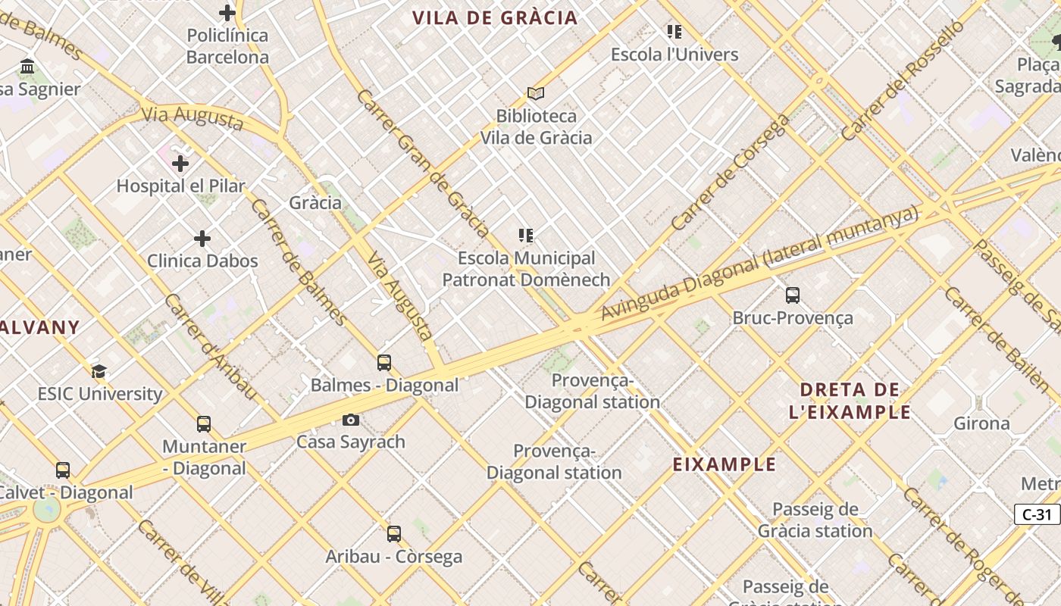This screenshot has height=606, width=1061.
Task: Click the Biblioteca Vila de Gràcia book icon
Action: coord(536,93)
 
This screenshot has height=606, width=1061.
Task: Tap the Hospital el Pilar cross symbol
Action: coord(180,164)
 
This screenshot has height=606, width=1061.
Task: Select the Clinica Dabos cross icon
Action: coord(202,239)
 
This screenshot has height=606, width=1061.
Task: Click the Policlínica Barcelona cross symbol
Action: coord(227,13)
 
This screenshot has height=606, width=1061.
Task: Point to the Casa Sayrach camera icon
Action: coord(351,420)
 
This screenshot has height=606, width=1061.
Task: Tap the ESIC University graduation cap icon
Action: coord(99,371)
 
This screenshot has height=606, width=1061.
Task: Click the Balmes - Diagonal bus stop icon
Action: coord(384,363)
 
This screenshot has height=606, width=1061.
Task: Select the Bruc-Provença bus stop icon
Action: coord(793,295)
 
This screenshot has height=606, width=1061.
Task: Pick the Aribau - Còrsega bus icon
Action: coord(394,534)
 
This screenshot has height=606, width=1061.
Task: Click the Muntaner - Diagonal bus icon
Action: coord(204,424)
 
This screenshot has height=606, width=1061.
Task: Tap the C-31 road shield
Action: coord(1037,514)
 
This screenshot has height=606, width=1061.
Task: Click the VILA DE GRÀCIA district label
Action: coord(495,18)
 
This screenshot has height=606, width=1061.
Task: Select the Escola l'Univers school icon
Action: coord(674,32)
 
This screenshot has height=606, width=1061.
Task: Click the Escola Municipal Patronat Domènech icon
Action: coord(526,236)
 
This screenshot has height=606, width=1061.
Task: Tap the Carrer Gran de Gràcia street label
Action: coord(422,163)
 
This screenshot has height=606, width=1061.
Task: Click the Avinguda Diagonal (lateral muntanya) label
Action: coord(759,264)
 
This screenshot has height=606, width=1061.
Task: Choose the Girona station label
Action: coord(981,423)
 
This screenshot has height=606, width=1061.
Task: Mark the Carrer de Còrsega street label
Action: coord(731,173)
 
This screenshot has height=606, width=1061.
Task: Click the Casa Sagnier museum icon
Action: coord(28,67)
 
